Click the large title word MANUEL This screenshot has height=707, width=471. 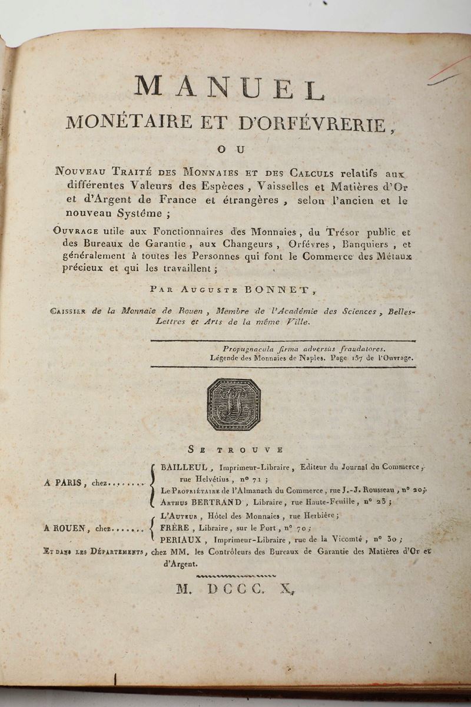pyautogui.click(x=230, y=88)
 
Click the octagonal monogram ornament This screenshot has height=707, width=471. pyautogui.click(x=234, y=404)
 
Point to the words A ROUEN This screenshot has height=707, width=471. pyautogui.click(x=65, y=529)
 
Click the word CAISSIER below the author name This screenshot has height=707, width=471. pyautogui.click(x=69, y=312)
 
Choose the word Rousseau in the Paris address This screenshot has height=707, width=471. pyautogui.click(x=377, y=490)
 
